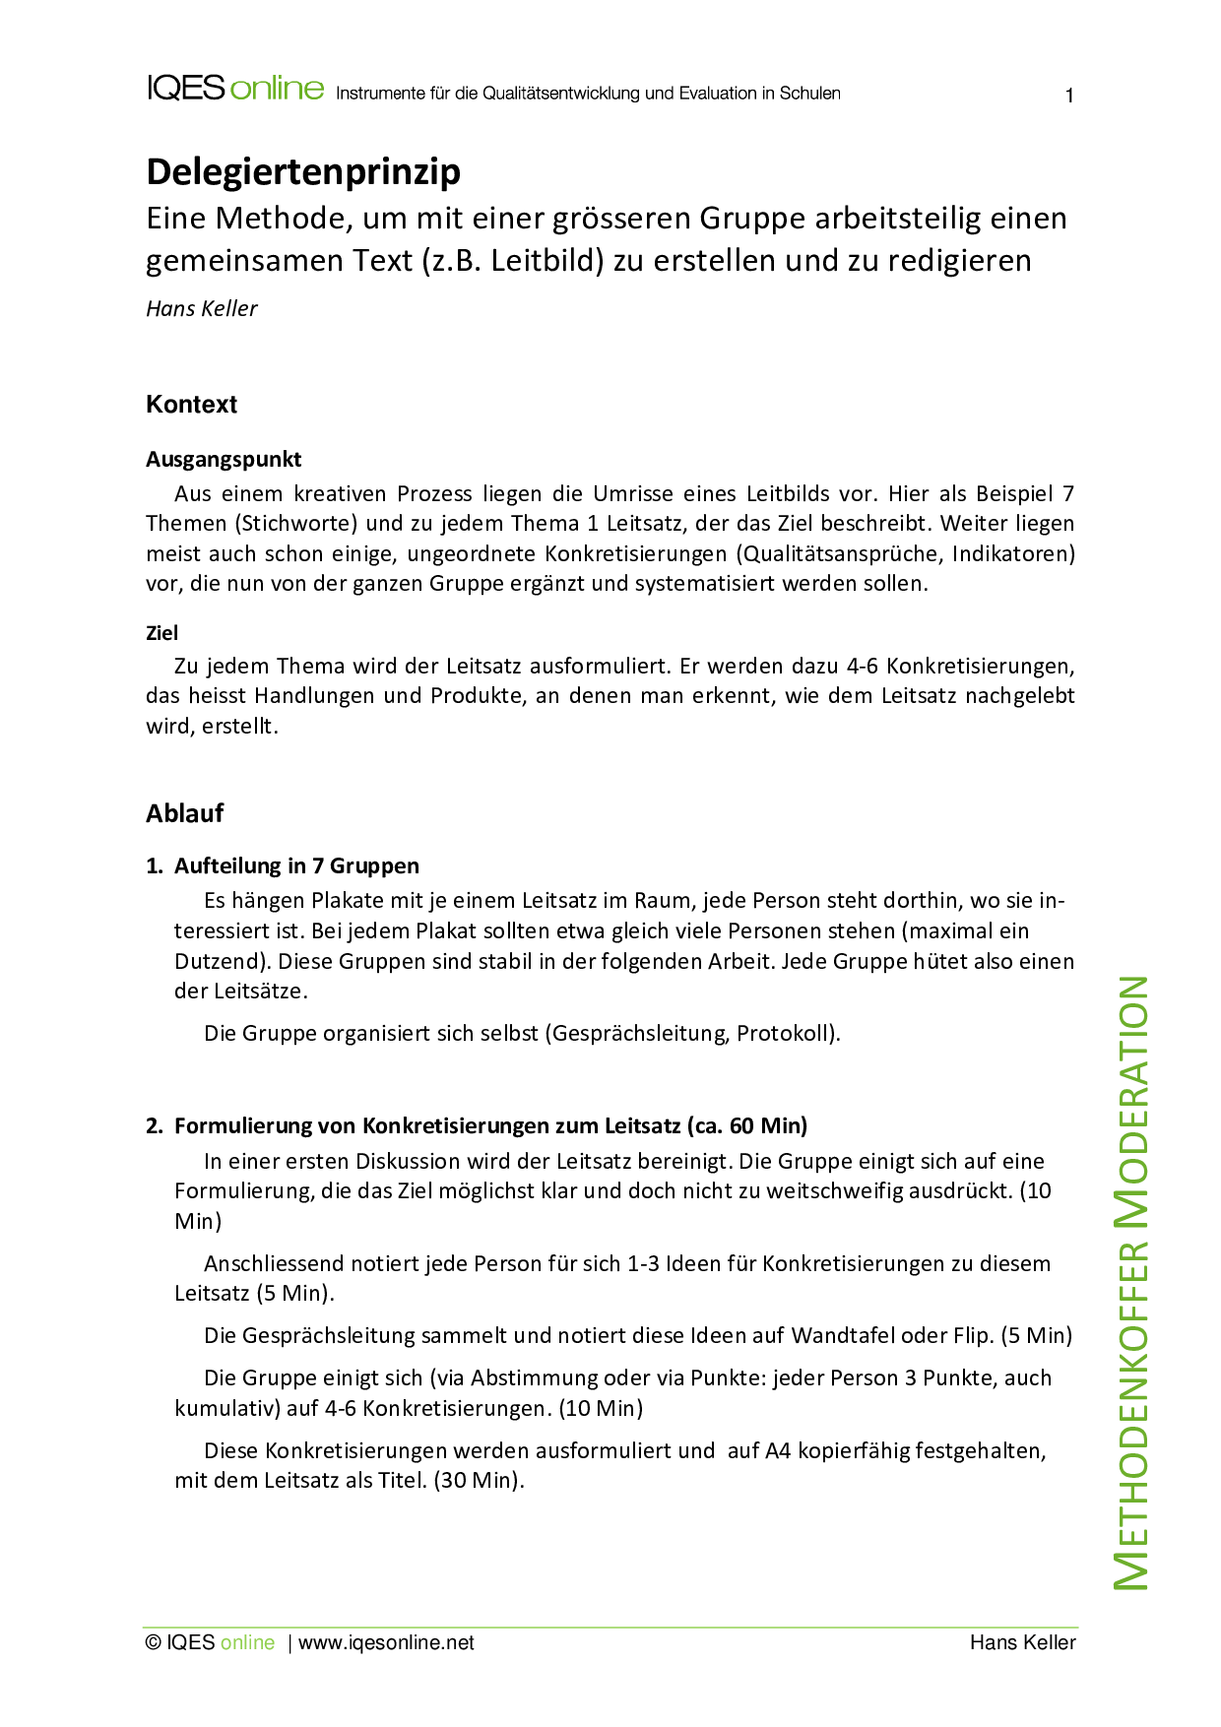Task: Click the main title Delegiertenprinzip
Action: [x=303, y=172]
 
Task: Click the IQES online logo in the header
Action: [x=235, y=89]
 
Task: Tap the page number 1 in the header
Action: [x=1069, y=96]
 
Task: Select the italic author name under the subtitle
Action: [x=202, y=309]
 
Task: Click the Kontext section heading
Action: [x=192, y=405]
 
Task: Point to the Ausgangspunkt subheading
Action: [x=224, y=460]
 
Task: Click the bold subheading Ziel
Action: [x=162, y=633]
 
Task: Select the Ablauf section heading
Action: [x=185, y=813]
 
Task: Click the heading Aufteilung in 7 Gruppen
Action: [x=296, y=866]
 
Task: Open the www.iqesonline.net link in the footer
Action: [x=386, y=1643]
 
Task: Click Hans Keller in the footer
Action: [x=1022, y=1643]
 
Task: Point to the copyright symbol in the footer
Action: [x=153, y=1643]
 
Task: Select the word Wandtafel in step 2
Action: [x=843, y=1336]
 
